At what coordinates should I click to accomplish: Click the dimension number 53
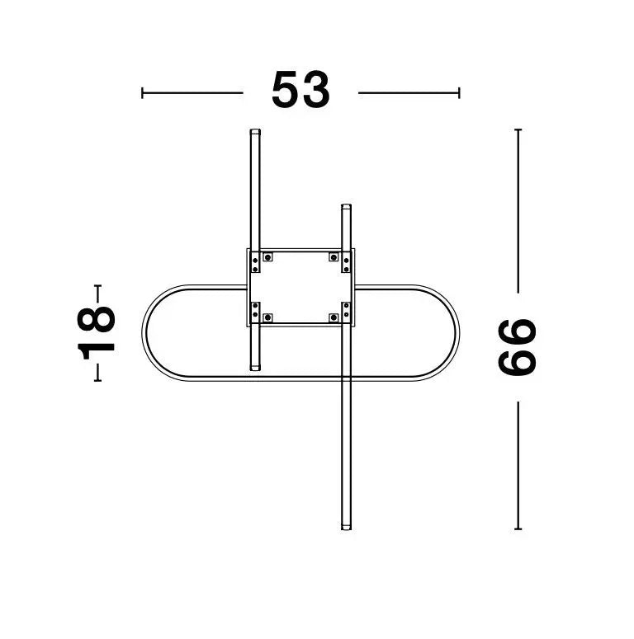(300, 91)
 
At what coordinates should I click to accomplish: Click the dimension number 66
(517, 347)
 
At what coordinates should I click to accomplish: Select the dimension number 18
(97, 333)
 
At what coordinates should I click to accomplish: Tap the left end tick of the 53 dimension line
(142, 93)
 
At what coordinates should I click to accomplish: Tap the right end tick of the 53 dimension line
(459, 93)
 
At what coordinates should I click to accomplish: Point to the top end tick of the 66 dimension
(518, 129)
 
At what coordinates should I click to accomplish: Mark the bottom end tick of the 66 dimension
(518, 529)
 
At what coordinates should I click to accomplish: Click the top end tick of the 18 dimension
(97, 285)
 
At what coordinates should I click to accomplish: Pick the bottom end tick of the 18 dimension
(97, 381)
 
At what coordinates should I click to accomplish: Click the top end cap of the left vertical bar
(255, 132)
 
